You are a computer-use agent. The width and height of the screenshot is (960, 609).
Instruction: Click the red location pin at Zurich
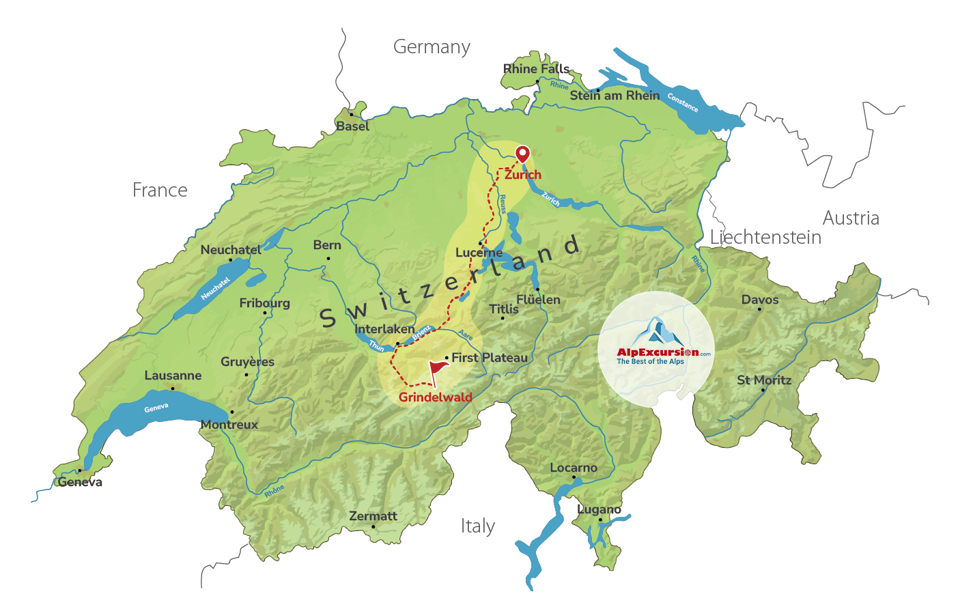tap(522, 153)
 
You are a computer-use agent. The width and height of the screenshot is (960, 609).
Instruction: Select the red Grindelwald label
tap(436, 397)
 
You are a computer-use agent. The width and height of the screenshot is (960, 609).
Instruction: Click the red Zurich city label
tap(523, 175)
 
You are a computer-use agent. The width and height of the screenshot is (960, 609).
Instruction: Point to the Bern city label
tap(327, 245)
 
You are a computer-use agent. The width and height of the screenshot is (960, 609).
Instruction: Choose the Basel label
tap(352, 126)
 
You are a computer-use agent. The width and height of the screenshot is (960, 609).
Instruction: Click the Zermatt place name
tap(373, 516)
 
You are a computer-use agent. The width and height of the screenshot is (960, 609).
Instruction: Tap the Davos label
tap(760, 300)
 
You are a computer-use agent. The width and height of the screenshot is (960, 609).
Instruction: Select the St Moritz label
tap(764, 380)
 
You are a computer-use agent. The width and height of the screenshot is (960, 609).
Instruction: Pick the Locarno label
tap(574, 468)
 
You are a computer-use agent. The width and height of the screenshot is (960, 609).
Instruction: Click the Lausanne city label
tap(173, 376)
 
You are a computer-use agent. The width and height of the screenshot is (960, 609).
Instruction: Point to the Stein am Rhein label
tap(615, 96)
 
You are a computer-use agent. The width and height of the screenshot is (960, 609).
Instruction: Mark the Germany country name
tap(432, 47)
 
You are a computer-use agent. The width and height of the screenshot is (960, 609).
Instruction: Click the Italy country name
tap(477, 526)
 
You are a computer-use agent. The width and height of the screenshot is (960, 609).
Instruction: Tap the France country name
tap(160, 190)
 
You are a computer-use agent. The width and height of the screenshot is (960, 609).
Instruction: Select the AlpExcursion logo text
tap(658, 353)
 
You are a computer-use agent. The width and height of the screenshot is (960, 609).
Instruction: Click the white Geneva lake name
tap(156, 408)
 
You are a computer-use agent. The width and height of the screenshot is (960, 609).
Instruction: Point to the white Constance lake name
tap(683, 102)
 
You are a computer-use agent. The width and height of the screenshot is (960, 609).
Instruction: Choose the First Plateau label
tap(490, 358)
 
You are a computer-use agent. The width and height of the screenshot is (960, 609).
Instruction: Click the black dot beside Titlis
tap(503, 318)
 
